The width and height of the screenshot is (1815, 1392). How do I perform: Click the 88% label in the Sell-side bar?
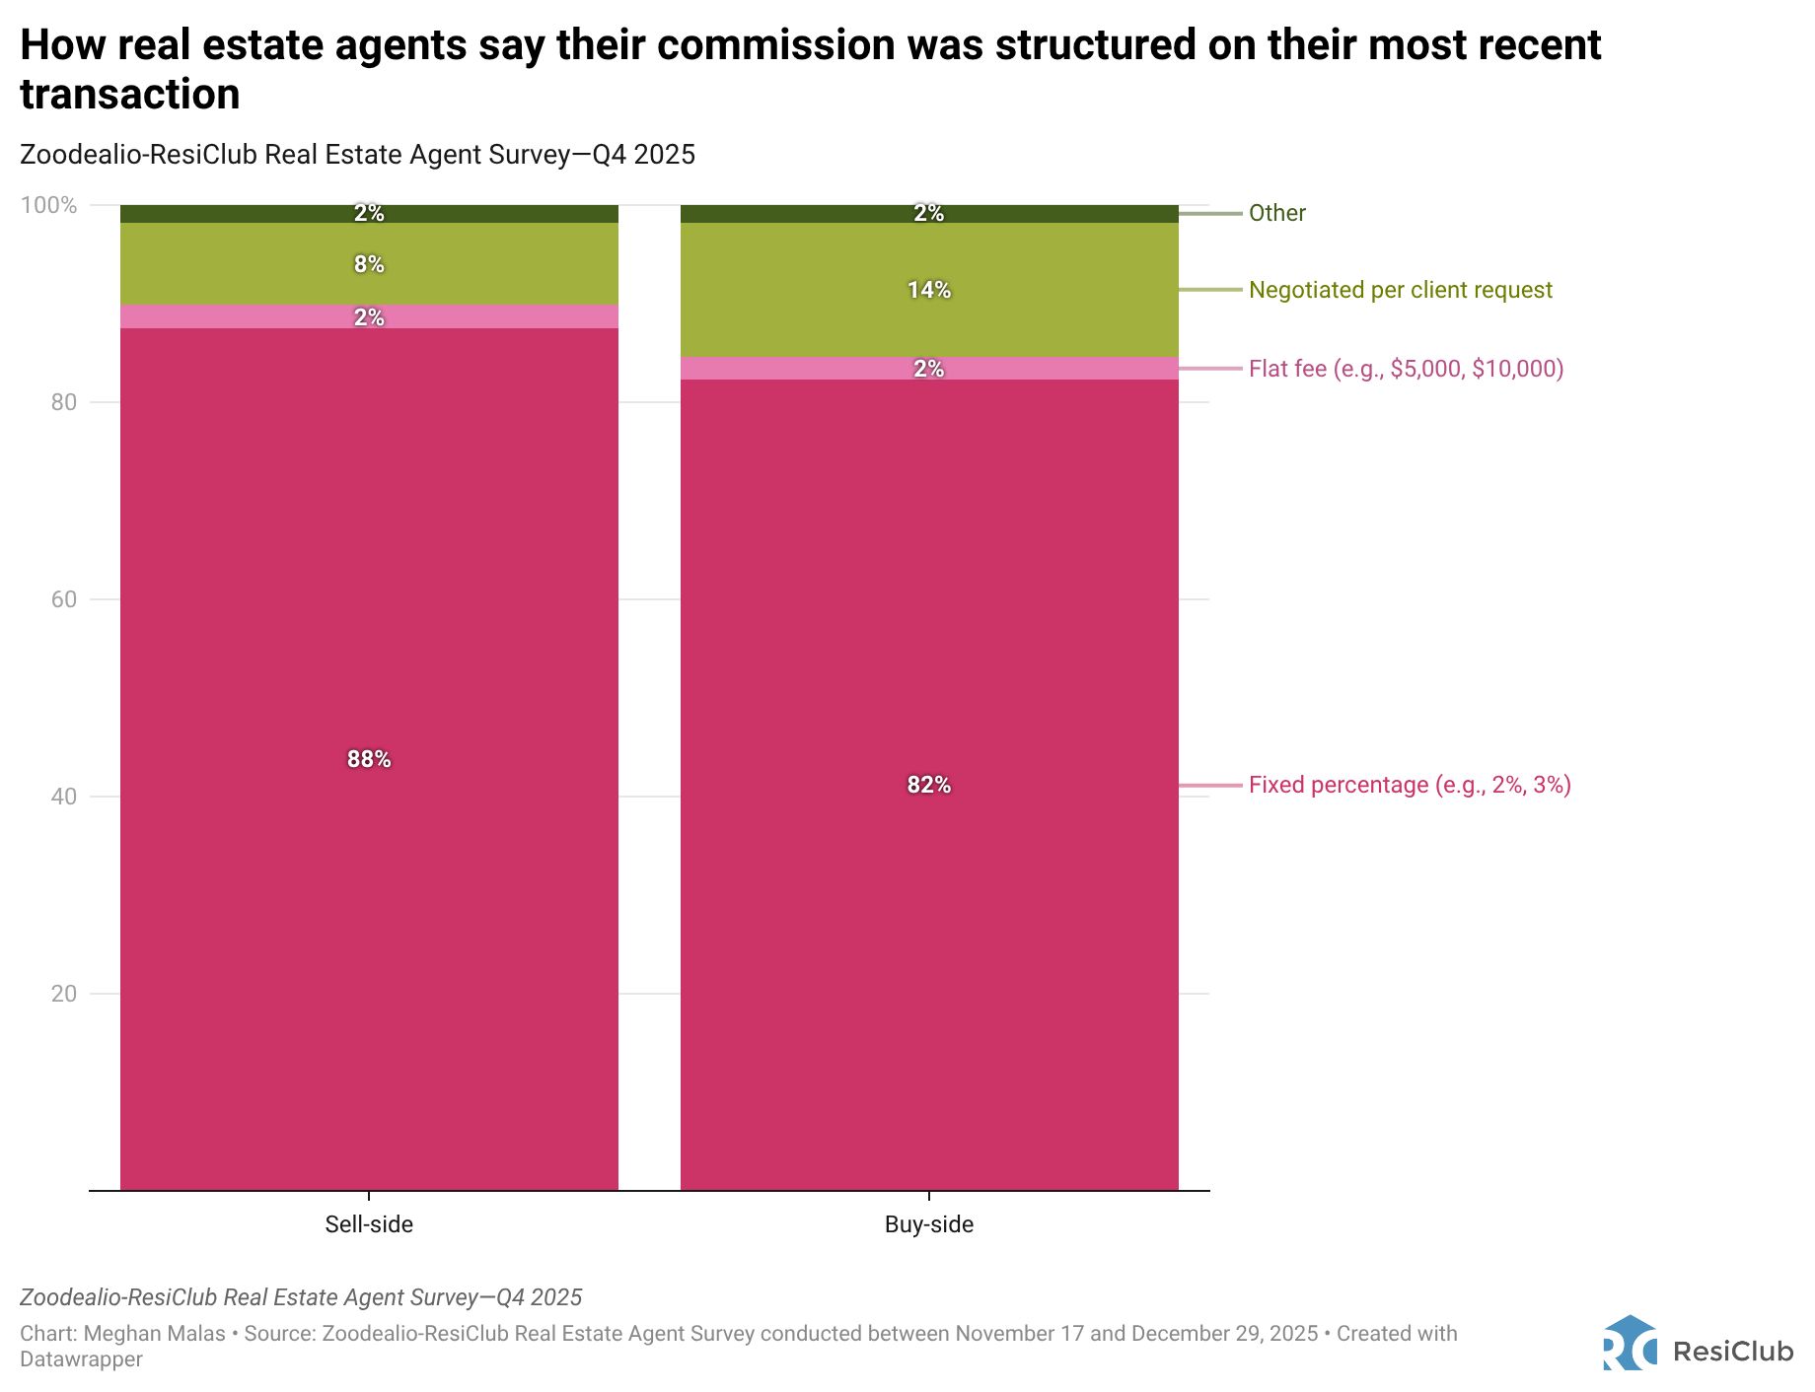(x=369, y=759)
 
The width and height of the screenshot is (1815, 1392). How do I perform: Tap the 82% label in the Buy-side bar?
(x=928, y=785)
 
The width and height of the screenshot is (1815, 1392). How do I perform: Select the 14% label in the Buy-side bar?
(x=928, y=290)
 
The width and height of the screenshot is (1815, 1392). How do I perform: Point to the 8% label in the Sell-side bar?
(x=369, y=264)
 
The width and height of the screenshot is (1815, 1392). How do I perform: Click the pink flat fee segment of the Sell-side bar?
(x=247, y=316)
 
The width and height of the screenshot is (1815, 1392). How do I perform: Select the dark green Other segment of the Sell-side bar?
(x=247, y=214)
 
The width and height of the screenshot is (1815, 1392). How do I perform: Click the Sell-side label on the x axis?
(x=369, y=1224)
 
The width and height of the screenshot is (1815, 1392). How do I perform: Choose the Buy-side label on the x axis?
(x=928, y=1224)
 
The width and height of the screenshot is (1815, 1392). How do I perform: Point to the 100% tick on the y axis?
(x=48, y=205)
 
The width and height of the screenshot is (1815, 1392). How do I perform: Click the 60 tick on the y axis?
(x=63, y=599)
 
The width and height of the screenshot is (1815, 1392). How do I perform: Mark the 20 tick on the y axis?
(x=63, y=994)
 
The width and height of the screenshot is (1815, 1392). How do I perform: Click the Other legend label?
(x=1276, y=213)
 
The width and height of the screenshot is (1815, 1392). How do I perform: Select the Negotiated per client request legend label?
(x=1400, y=290)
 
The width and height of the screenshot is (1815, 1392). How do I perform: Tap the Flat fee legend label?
(x=1406, y=369)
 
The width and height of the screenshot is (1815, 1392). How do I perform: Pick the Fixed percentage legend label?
(x=1410, y=785)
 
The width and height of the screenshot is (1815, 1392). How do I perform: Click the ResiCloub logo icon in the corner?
(x=1630, y=1344)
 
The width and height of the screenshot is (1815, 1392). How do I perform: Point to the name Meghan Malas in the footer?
(x=154, y=1334)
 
